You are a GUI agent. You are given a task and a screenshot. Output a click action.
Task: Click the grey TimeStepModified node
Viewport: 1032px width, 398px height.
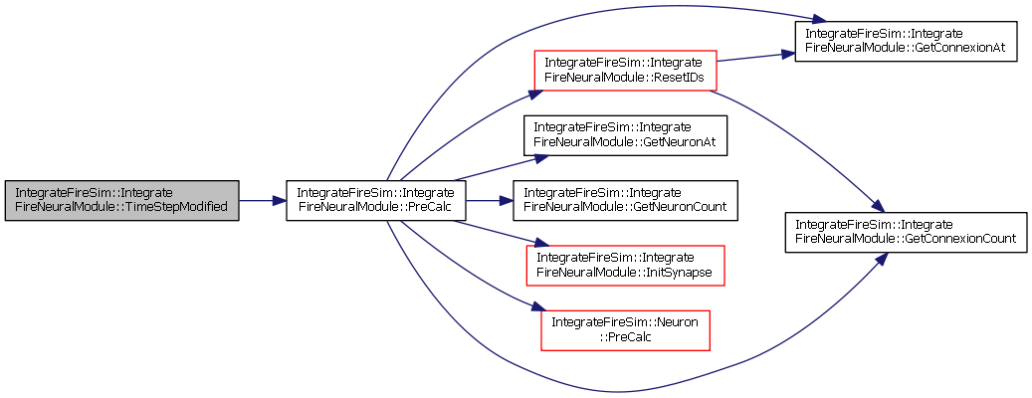pyautogui.click(x=121, y=200)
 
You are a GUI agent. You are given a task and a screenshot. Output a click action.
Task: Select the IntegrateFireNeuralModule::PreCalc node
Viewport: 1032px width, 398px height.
pyautogui.click(x=376, y=200)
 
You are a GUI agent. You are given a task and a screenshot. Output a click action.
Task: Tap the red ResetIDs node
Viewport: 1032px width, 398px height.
pyautogui.click(x=624, y=71)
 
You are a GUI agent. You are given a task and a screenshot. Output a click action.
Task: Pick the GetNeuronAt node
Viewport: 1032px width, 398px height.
pyautogui.click(x=625, y=135)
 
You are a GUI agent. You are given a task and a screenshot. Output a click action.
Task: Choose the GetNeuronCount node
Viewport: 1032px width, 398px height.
pyautogui.click(x=625, y=200)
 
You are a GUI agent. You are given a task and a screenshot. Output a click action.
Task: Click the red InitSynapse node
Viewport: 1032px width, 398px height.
pyautogui.click(x=625, y=265)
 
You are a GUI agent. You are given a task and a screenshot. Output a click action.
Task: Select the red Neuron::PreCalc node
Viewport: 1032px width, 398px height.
pyautogui.click(x=625, y=330)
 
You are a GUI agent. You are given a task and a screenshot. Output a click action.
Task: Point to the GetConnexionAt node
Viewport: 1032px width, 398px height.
pyautogui.click(x=906, y=42)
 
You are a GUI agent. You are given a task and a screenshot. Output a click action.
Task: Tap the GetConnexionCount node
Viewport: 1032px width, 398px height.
pyautogui.click(x=906, y=232)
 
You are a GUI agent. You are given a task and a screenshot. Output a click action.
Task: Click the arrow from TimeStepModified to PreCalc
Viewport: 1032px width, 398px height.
pyautogui.click(x=262, y=200)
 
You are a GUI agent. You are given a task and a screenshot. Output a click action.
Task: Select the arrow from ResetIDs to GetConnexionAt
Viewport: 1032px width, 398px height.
pyautogui.click(x=755, y=57)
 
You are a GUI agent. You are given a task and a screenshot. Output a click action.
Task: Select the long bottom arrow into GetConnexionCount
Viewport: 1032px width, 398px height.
pyautogui.click(x=619, y=392)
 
